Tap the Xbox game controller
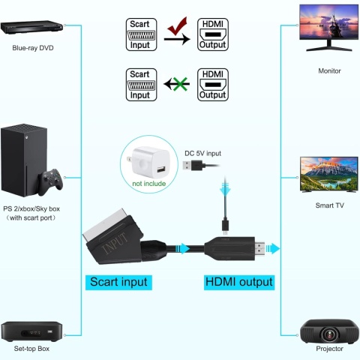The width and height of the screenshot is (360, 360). pyautogui.click(x=51, y=181)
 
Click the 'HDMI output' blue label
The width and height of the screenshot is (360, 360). pyautogui.click(x=238, y=283)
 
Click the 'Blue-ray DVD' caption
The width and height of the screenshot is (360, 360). pyautogui.click(x=33, y=49)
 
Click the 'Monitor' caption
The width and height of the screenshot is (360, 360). pyautogui.click(x=328, y=71)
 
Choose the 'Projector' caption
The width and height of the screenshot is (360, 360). pyautogui.click(x=328, y=349)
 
